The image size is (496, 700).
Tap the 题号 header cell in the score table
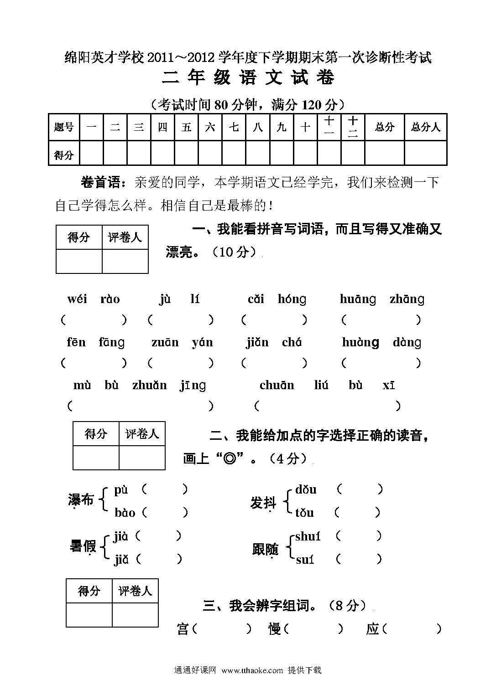64,127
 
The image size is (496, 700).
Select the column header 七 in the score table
234,127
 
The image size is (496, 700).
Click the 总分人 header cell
425,127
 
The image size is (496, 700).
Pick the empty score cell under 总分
384,153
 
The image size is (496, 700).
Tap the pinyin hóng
292,299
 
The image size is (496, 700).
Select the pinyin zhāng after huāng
407,299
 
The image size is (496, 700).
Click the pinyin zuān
165,342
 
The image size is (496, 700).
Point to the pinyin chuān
277,386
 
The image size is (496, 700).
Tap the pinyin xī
389,386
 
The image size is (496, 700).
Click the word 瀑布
81,500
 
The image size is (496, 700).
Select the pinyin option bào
125,513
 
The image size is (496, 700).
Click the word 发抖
263,502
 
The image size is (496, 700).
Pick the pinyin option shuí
308,537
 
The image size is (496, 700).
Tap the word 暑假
83,546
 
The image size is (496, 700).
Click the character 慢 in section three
275,629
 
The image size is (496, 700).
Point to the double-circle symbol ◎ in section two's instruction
230,458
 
